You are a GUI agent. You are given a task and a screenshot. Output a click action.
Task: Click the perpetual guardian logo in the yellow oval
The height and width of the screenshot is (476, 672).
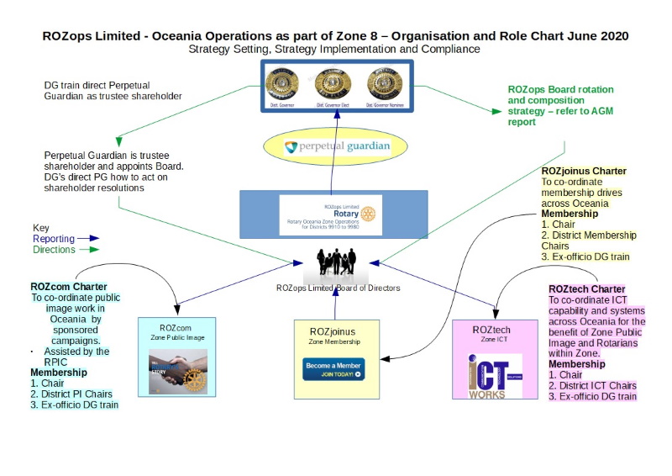tap(337, 147)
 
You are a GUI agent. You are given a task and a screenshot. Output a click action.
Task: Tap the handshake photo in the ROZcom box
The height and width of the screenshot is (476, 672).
tap(177, 371)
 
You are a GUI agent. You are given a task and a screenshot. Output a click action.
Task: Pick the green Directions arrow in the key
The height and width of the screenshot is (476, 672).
tap(87, 250)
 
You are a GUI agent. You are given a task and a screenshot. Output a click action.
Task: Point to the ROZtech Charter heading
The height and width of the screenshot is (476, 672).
tap(586, 289)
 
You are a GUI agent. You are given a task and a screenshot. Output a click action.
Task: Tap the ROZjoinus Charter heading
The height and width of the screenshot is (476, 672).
tap(584, 172)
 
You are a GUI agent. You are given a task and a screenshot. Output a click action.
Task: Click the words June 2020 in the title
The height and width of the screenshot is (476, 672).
tap(599, 36)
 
